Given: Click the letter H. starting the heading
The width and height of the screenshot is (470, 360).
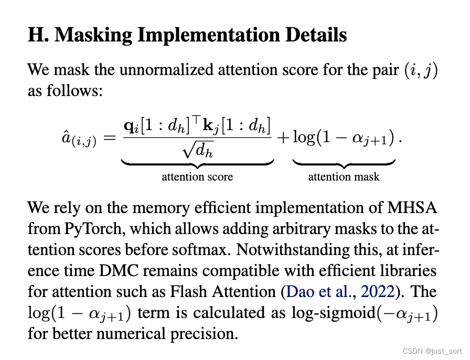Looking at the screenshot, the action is click(x=38, y=35).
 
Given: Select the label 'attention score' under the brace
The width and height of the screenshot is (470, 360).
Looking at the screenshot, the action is click(x=197, y=177).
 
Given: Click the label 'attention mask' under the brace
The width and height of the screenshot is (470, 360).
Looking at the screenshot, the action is click(x=344, y=177).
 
